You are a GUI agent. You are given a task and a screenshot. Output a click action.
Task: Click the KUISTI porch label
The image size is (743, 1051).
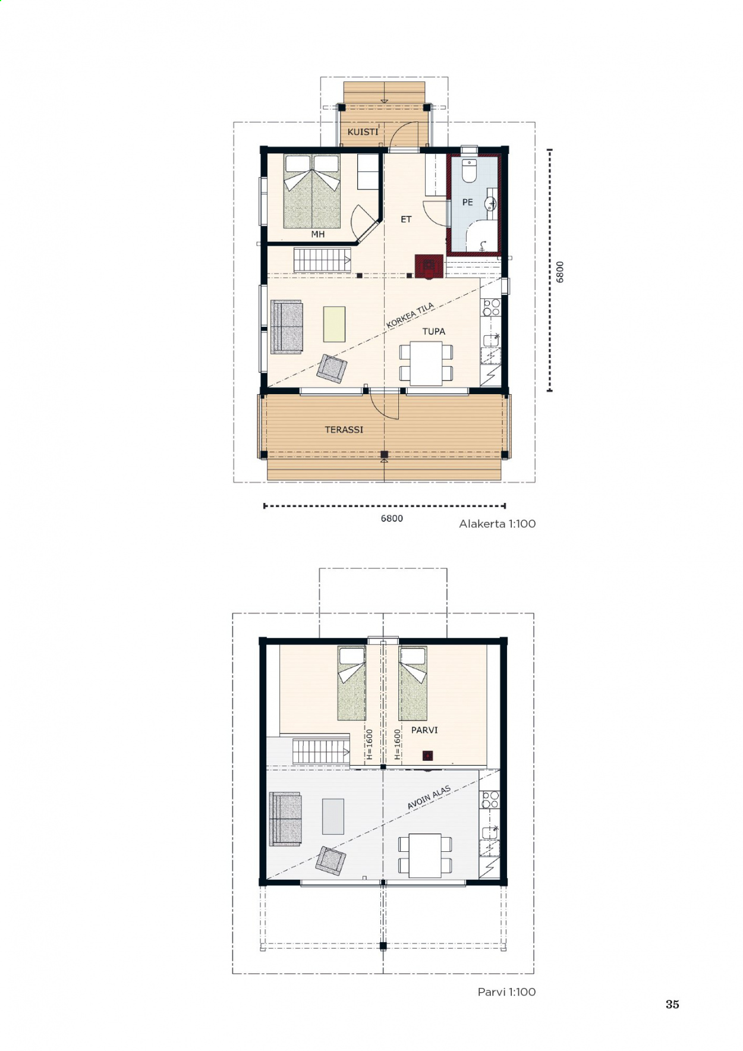(363, 131)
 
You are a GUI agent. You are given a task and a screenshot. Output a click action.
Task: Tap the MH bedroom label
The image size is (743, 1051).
(318, 234)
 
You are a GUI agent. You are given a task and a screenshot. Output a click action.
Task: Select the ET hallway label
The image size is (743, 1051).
(406, 219)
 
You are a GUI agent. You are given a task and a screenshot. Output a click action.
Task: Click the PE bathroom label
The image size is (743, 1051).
(468, 202)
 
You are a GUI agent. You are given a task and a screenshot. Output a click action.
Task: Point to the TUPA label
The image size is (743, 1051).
(434, 331)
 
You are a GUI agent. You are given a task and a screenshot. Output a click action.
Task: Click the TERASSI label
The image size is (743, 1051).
(344, 429)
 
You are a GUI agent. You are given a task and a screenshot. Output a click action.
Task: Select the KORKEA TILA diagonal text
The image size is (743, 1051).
(410, 316)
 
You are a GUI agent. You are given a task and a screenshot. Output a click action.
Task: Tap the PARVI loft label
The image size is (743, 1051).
(424, 729)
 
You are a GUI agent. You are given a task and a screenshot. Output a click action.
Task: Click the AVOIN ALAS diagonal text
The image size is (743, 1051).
(429, 798)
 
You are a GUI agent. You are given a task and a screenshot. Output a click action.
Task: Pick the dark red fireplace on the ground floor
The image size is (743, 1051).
(429, 266)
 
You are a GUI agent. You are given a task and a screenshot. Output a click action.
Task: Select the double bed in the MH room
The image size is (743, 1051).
(312, 191)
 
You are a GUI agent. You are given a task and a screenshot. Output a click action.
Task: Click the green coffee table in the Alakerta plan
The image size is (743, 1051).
(334, 324)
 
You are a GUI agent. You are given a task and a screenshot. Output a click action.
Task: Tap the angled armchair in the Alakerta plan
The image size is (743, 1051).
(332, 368)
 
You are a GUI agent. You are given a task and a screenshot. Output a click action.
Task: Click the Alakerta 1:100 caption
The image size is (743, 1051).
(498, 524)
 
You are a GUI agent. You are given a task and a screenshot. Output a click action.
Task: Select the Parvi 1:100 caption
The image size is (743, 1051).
(506, 992)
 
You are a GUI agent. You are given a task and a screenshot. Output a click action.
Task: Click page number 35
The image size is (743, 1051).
(672, 1004)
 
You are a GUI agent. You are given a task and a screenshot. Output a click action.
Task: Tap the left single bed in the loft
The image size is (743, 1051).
(352, 683)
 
